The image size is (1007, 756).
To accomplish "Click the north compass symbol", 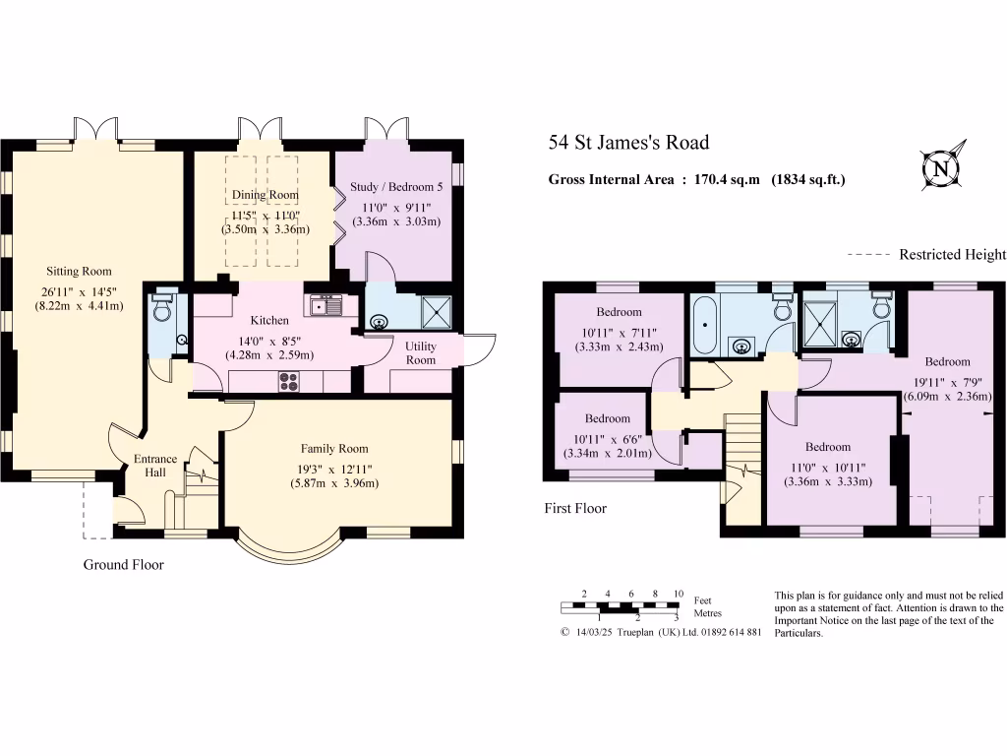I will (941, 168).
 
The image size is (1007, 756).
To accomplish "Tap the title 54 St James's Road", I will (628, 143).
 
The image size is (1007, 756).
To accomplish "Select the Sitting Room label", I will (79, 272).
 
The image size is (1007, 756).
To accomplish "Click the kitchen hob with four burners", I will (289, 379).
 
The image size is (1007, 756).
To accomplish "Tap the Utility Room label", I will (420, 352).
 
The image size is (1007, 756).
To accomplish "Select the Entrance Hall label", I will (155, 466).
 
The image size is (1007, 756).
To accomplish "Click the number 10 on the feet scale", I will (678, 594).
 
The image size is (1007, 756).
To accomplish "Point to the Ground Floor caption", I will (124, 565).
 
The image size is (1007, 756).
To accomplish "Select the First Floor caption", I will (575, 509).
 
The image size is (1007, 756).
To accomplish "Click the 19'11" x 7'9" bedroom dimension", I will (947, 382).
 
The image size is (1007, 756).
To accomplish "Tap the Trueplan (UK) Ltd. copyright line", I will (660, 632).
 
